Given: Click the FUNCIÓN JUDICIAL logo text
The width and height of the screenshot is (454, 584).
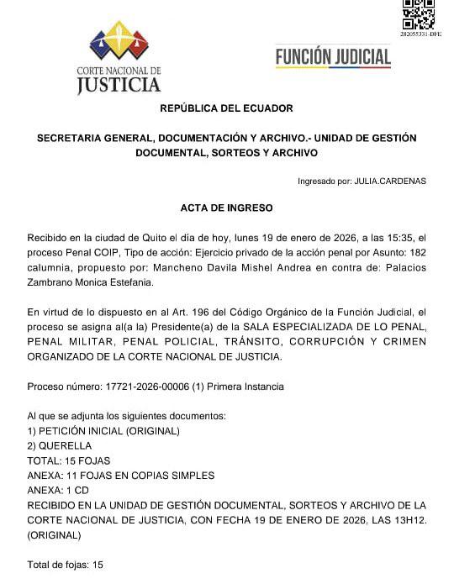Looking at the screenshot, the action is point(333,56).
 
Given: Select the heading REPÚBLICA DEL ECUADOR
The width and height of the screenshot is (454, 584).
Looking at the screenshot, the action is point(227,108).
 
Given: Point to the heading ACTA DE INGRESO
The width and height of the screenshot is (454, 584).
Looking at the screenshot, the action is point(227,208).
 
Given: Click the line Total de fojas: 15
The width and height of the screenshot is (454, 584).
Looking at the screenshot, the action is point(65,565).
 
